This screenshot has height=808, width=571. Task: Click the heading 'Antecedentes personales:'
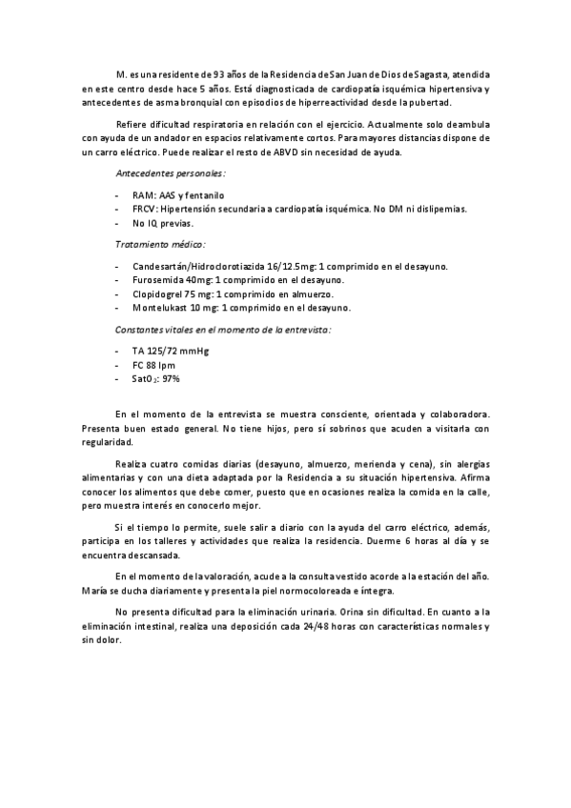pyautogui.click(x=170, y=174)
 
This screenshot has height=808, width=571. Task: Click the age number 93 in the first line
pyautogui.click(x=219, y=73)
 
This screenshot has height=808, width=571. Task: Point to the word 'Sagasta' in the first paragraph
pyautogui.click(x=432, y=73)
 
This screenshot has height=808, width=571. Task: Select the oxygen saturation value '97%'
pyautogui.click(x=171, y=378)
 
